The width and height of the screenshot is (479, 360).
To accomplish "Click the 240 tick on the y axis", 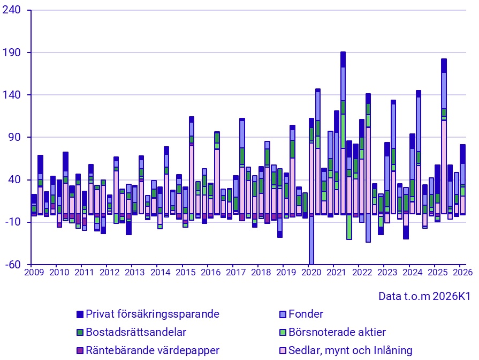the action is pyautogui.click(x=11, y=10).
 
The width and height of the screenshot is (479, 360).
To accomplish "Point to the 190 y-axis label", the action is pyautogui.click(x=11, y=52).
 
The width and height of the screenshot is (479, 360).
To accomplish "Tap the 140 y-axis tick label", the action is pyautogui.click(x=11, y=95).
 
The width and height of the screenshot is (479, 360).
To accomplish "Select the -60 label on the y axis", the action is pyautogui.click(x=13, y=265).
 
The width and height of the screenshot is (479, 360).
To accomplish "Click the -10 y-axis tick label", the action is pyautogui.click(x=13, y=222).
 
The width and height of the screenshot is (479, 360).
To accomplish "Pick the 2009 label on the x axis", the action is pyautogui.click(x=34, y=272).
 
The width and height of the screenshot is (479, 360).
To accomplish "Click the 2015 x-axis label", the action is pyautogui.click(x=185, y=272).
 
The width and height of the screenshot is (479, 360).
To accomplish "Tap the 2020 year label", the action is pyautogui.click(x=311, y=272).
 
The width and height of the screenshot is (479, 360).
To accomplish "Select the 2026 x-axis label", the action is pyautogui.click(x=463, y=272).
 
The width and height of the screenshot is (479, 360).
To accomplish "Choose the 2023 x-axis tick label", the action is pyautogui.click(x=387, y=272).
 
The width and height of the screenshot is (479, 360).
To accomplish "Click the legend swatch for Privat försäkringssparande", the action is pyautogui.click(x=80, y=314).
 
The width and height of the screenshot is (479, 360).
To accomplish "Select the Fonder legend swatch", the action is pyautogui.click(x=283, y=314).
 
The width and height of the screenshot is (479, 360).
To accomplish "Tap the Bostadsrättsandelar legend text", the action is pyautogui.click(x=136, y=332).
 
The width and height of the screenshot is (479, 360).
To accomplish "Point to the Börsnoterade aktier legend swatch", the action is pyautogui.click(x=283, y=333).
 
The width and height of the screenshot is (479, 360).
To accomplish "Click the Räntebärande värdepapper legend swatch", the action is pyautogui.click(x=80, y=351).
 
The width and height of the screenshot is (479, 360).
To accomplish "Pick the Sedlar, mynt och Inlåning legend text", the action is pyautogui.click(x=351, y=350).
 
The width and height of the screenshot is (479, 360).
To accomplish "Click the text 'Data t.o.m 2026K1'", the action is pyautogui.click(x=424, y=296).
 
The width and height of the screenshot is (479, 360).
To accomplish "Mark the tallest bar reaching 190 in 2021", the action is pyautogui.click(x=343, y=133).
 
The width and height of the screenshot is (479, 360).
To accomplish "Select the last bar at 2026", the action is pyautogui.click(x=463, y=179).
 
